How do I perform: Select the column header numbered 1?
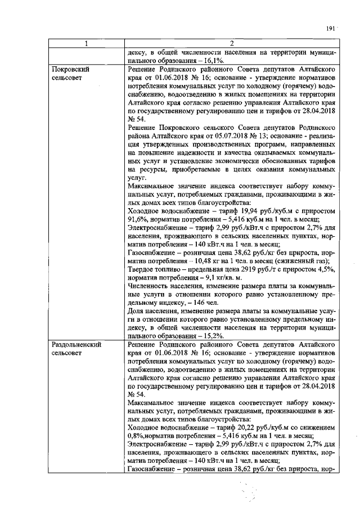click(86, 43)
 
